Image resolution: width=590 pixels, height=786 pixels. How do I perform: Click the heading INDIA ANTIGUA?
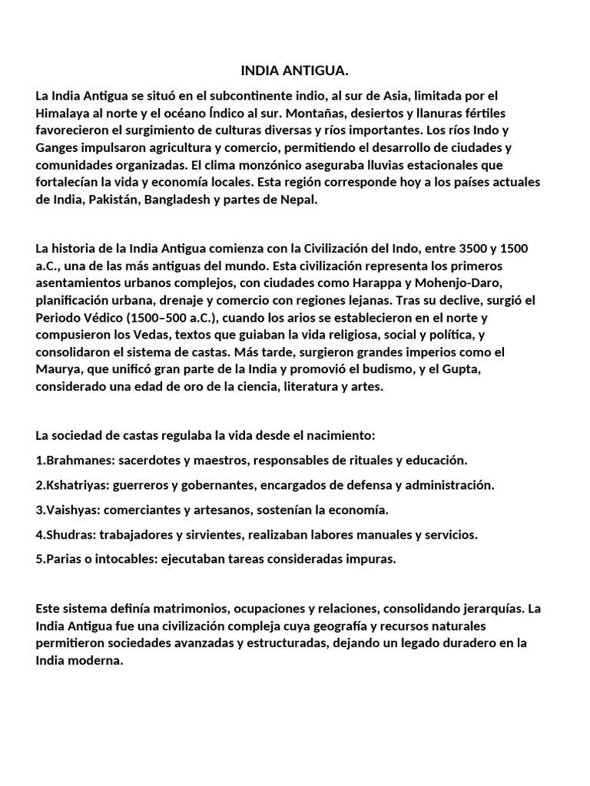coord(295,71)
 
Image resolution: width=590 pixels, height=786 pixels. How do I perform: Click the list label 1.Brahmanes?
coord(69,460)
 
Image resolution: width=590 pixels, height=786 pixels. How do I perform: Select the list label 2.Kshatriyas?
coord(71,485)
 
